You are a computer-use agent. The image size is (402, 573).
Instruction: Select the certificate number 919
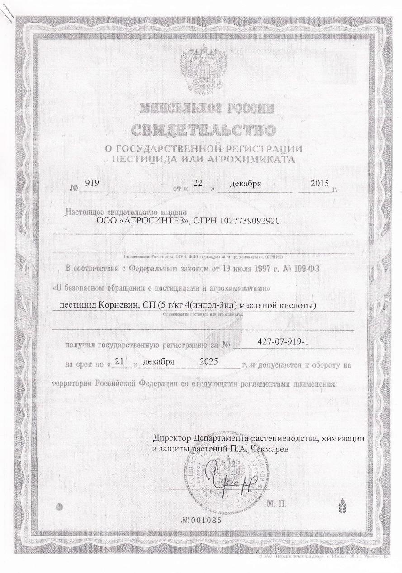92,184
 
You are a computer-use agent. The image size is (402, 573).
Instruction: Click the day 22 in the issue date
198,184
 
